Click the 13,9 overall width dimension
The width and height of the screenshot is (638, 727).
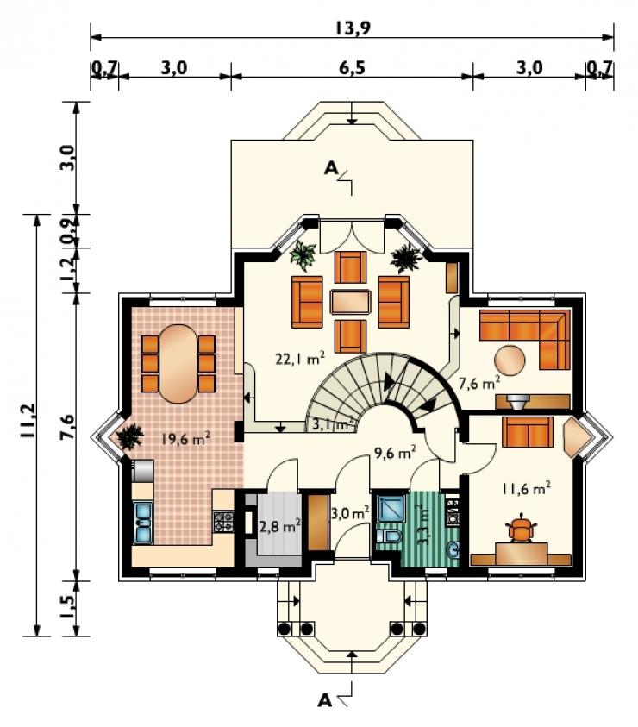pyautogui.click(x=353, y=28)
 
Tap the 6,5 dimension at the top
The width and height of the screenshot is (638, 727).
pyautogui.click(x=352, y=67)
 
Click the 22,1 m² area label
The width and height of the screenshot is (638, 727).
pyautogui.click(x=299, y=359)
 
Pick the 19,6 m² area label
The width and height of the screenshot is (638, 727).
pyautogui.click(x=187, y=438)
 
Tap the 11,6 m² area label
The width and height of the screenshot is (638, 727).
pyautogui.click(x=526, y=488)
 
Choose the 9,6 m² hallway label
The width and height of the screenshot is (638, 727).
pyautogui.click(x=394, y=452)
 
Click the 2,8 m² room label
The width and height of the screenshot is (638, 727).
pyautogui.click(x=278, y=526)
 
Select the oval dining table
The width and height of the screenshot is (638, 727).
pyautogui.click(x=178, y=364)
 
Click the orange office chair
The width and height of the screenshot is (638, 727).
pyautogui.click(x=521, y=528)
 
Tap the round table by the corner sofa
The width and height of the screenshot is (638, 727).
pyautogui.click(x=510, y=360)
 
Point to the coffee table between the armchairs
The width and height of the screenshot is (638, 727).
pyautogui.click(x=350, y=303)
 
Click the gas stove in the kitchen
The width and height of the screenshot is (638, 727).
pyautogui.click(x=223, y=521)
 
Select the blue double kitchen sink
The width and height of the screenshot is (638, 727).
pyautogui.click(x=142, y=523)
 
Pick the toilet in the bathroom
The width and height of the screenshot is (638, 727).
pyautogui.click(x=389, y=537)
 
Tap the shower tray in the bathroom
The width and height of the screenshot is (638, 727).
pyautogui.click(x=391, y=510)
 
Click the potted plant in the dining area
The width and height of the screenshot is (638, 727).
pyautogui.click(x=129, y=436)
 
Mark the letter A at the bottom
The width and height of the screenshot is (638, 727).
pyautogui.click(x=325, y=700)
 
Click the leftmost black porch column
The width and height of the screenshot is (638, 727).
pyautogui.click(x=285, y=629)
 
